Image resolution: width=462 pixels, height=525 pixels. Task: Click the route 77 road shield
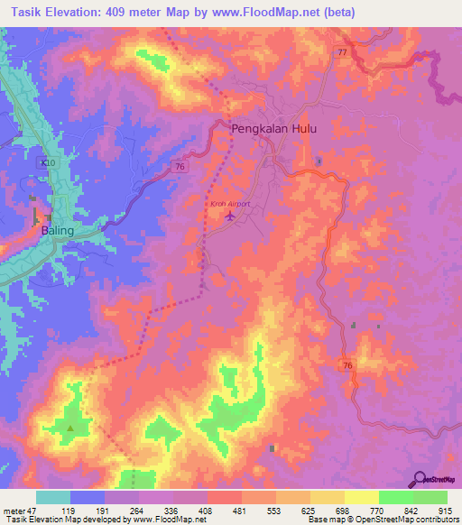tap(342, 53)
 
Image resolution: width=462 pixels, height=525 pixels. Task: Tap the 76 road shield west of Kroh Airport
tap(181, 166)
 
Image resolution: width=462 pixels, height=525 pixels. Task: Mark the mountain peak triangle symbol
tap(70, 428)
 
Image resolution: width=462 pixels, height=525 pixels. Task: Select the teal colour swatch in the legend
tap(53, 497)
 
